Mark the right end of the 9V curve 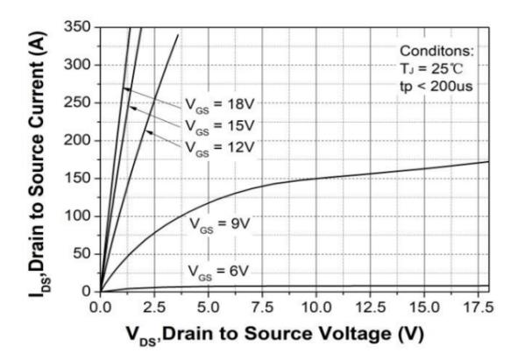488,161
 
